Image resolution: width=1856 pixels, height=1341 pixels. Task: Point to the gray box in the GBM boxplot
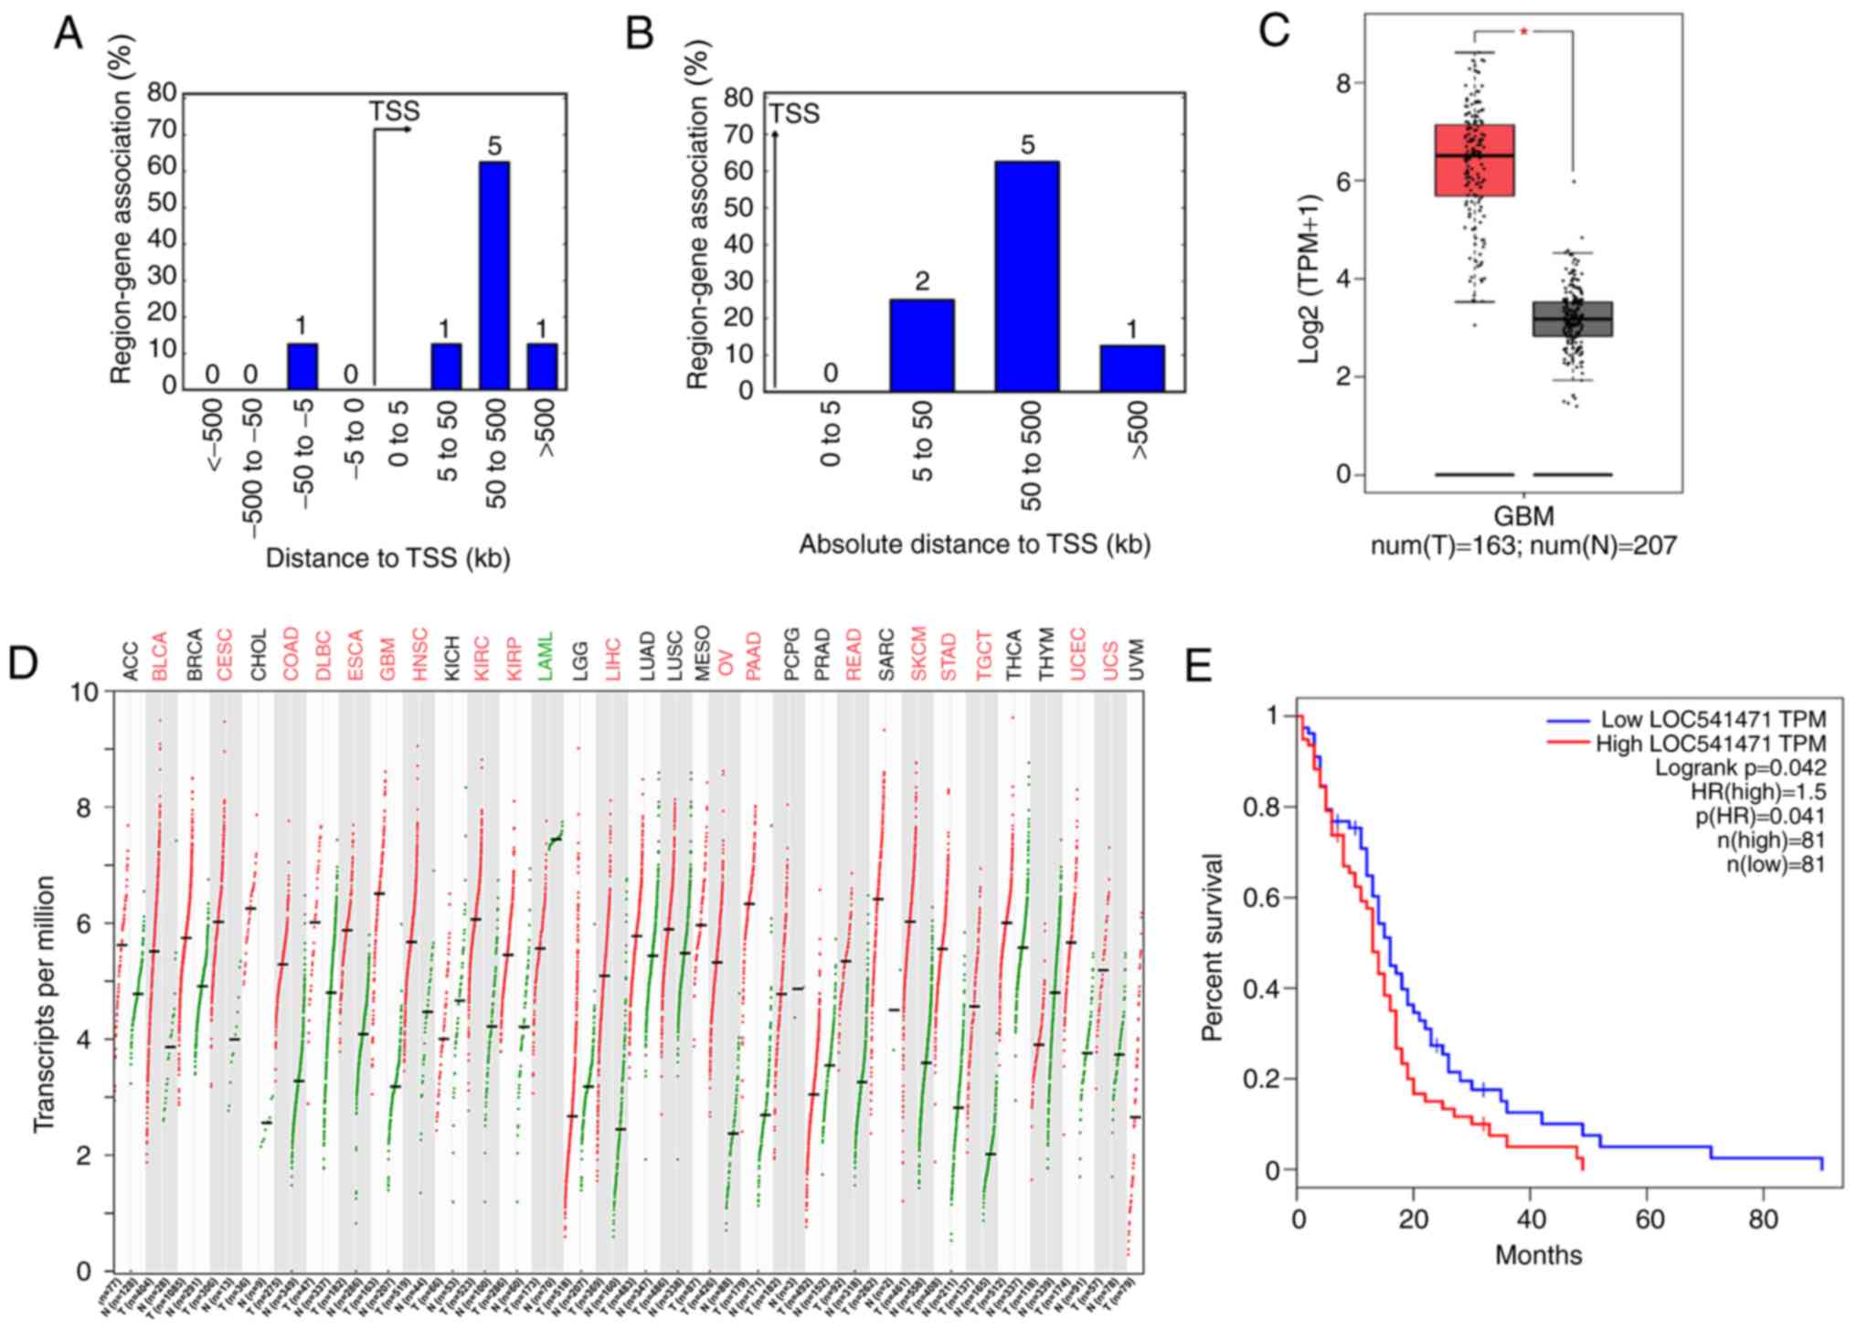click(1572, 319)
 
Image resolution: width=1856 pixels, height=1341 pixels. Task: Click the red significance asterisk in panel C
click(1524, 33)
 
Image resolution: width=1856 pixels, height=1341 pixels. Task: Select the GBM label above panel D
click(387, 653)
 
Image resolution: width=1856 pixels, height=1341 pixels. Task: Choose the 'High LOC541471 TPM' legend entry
click(1710, 744)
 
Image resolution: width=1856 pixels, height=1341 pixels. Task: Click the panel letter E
click(1198, 668)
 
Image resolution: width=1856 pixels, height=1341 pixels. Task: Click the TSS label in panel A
click(394, 111)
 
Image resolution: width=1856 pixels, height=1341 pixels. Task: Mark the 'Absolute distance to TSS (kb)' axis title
click(974, 545)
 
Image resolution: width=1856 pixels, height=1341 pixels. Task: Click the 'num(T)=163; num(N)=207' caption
click(1523, 546)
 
